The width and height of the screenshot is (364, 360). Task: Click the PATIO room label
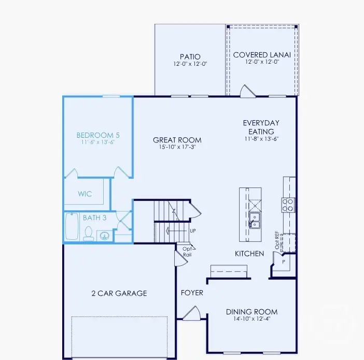tap(190, 56)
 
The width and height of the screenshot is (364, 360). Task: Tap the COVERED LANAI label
tap(261, 55)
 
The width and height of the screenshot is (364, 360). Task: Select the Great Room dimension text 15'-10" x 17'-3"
tap(177, 148)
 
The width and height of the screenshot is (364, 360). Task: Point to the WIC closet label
tap(85, 194)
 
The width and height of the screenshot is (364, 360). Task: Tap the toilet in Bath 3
tap(88, 234)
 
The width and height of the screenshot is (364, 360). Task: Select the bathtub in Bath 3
tap(72, 228)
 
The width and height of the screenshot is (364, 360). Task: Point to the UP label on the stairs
tap(192, 231)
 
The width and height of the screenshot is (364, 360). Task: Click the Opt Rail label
tap(187, 251)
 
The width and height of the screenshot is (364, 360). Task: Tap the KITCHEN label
tap(249, 254)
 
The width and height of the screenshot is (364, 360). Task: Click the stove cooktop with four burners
tap(288, 205)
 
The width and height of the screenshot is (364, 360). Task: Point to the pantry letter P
tap(284, 262)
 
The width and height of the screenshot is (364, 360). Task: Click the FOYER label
tap(192, 293)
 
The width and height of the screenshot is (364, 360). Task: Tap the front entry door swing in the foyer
tap(190, 312)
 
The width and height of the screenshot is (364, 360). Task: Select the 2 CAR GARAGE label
tap(119, 293)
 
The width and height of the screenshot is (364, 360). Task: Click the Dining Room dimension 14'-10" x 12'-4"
tap(251, 319)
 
